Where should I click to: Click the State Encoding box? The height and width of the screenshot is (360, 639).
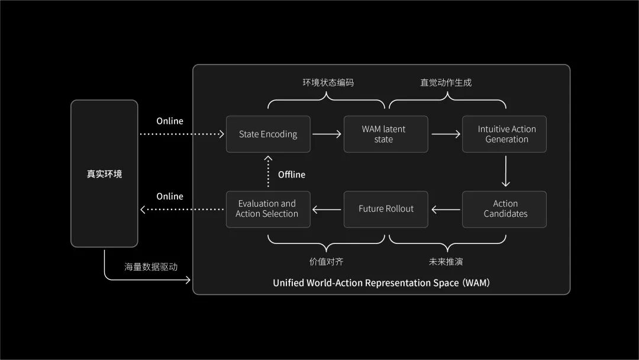(x=268, y=134)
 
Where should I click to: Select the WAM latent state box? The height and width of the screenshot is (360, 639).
(x=386, y=134)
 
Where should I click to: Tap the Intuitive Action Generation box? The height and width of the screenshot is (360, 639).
(x=505, y=134)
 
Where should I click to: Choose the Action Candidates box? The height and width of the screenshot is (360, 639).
(x=505, y=209)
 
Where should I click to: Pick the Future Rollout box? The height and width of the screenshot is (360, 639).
(x=386, y=209)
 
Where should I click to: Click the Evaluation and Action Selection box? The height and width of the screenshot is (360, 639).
(x=268, y=209)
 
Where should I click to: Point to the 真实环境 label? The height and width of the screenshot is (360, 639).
(x=104, y=174)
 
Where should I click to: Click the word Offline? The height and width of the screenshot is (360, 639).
(x=292, y=175)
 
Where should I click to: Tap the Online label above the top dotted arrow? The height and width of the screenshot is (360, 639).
(x=170, y=121)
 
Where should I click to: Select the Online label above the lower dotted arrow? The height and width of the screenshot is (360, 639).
(x=170, y=196)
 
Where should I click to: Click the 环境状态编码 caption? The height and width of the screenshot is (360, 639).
(x=328, y=82)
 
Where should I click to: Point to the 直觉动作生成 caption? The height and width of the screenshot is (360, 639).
(x=446, y=82)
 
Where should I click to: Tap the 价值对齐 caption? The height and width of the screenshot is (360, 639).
(x=326, y=262)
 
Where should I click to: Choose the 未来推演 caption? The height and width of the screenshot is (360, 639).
(x=446, y=262)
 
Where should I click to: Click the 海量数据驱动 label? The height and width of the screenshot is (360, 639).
(x=151, y=267)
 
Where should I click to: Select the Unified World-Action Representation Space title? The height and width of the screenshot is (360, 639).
(x=382, y=283)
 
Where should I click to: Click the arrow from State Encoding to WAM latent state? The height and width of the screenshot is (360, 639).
(x=327, y=134)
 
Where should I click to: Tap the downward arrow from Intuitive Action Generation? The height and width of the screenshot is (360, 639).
(x=506, y=171)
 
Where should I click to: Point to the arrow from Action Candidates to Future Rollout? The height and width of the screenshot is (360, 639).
(x=446, y=210)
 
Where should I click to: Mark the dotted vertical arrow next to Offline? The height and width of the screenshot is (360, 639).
(x=268, y=171)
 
